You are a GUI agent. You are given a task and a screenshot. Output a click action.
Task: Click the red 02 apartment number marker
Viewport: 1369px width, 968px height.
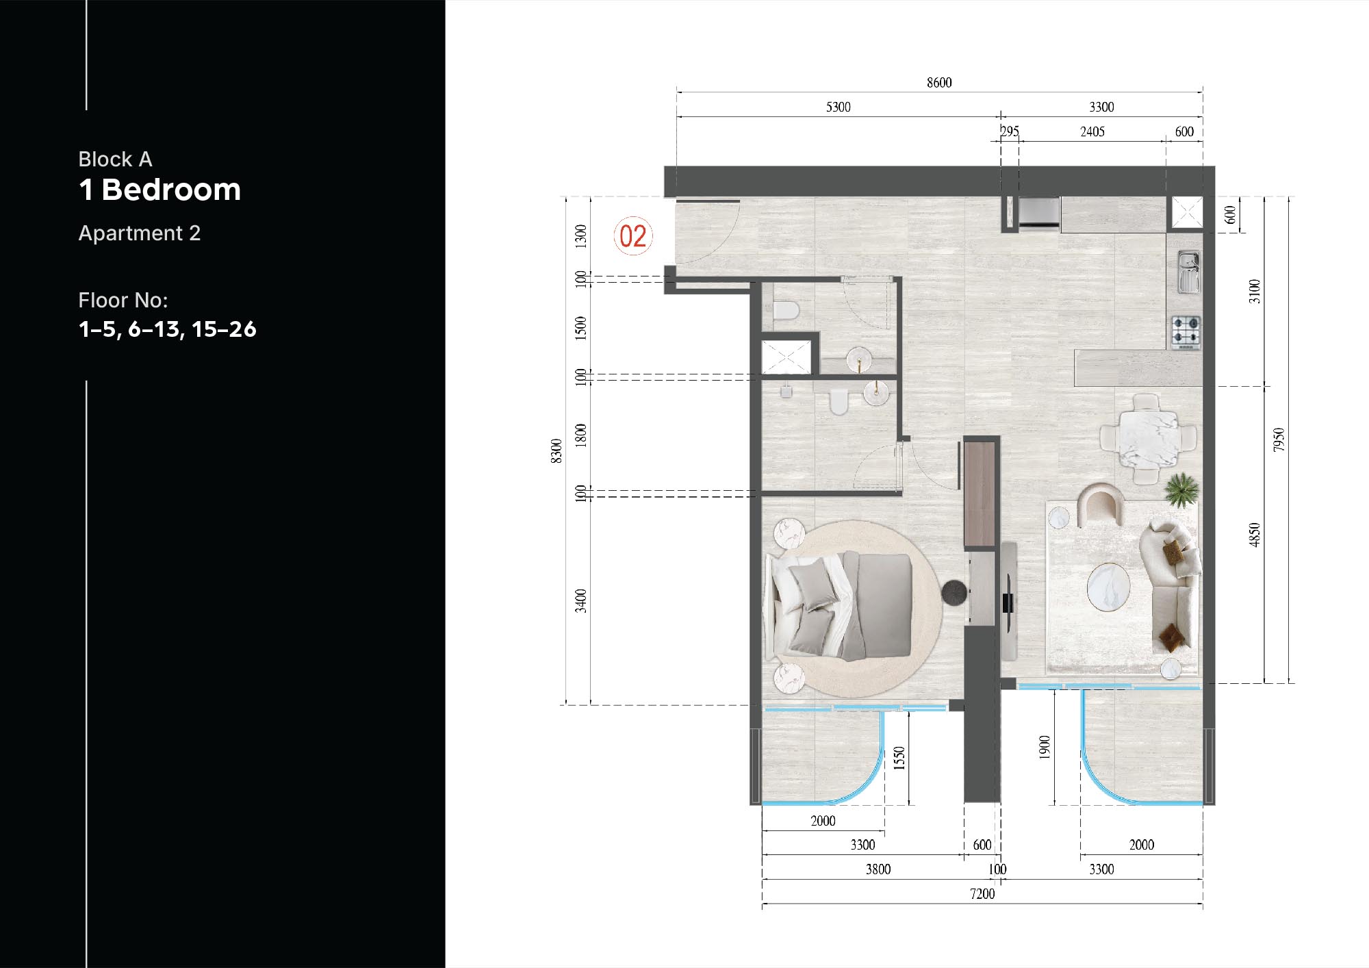click(633, 236)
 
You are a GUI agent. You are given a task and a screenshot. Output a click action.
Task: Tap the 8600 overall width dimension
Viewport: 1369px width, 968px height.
click(939, 83)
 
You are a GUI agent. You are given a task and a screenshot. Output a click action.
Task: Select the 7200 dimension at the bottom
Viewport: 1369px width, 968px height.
click(982, 894)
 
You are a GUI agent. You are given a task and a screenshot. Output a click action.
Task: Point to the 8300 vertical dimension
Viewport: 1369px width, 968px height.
click(556, 451)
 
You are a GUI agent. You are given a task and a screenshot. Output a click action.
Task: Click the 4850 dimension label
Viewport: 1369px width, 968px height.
click(1254, 535)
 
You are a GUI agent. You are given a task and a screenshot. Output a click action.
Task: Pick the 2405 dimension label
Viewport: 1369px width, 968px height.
click(1092, 131)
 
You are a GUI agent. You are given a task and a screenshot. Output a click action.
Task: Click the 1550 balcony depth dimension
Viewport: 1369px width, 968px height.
click(899, 759)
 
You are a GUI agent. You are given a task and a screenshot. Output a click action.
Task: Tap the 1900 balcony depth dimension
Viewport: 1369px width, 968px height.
click(1045, 748)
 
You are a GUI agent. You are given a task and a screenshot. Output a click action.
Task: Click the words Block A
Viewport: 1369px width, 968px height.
click(115, 160)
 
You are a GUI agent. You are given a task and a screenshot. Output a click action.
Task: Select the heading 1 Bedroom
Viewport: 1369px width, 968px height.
click(160, 190)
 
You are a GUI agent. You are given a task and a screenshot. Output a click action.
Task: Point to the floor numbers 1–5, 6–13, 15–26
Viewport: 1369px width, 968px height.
click(168, 329)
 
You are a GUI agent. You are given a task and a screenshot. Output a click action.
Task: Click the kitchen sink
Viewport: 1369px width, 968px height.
click(1188, 272)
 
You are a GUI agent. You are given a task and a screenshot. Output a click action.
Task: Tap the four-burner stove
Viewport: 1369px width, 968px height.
click(1186, 333)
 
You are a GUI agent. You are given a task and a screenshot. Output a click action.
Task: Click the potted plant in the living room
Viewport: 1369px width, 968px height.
click(1182, 489)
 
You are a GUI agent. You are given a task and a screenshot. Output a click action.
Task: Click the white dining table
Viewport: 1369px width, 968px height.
click(1148, 437)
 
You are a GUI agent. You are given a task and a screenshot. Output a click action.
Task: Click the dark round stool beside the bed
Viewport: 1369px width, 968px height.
click(954, 593)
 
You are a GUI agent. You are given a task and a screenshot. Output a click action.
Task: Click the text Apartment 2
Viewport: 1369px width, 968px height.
click(140, 233)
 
